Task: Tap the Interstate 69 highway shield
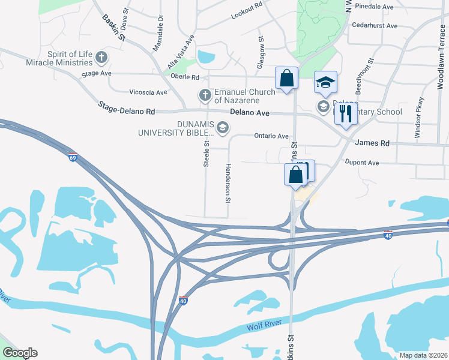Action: click(x=73, y=158)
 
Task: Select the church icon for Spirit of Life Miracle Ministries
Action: click(x=101, y=58)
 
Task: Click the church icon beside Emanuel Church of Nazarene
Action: click(x=205, y=95)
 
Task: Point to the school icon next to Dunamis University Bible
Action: click(x=223, y=127)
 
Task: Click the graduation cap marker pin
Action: click(x=325, y=83)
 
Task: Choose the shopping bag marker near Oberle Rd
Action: click(x=286, y=78)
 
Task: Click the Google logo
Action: click(x=20, y=353)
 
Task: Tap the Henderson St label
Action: click(x=228, y=183)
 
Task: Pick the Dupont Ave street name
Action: click(x=362, y=163)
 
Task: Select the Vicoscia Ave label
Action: click(x=148, y=92)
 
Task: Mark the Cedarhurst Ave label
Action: click(x=375, y=26)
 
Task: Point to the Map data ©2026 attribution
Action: click(x=423, y=355)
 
